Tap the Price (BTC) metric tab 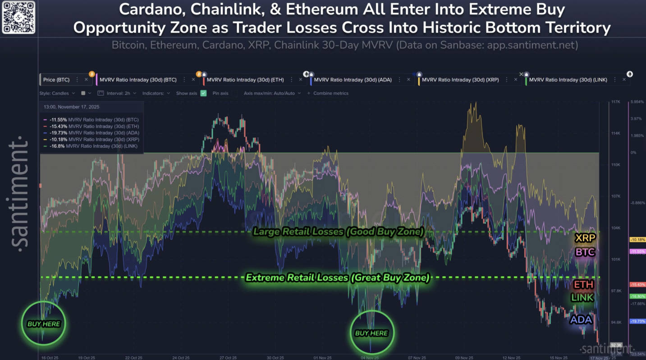tap(56, 80)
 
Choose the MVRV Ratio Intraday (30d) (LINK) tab tap(568, 80)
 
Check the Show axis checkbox tap(203, 93)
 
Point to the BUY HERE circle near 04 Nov tap(371, 333)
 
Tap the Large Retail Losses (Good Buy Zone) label tap(338, 232)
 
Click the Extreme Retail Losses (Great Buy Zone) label tap(337, 278)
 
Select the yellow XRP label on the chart tap(585, 238)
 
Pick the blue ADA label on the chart tap(581, 320)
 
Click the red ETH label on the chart tap(583, 285)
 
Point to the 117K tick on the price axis tap(615, 102)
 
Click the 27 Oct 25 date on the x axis tap(228, 357)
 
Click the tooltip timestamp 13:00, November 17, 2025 tap(72, 107)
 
